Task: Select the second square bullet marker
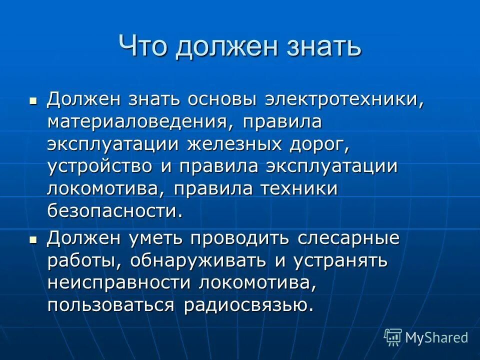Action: click(x=33, y=240)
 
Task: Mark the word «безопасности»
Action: click(x=112, y=211)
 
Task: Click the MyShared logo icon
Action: click(x=392, y=337)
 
